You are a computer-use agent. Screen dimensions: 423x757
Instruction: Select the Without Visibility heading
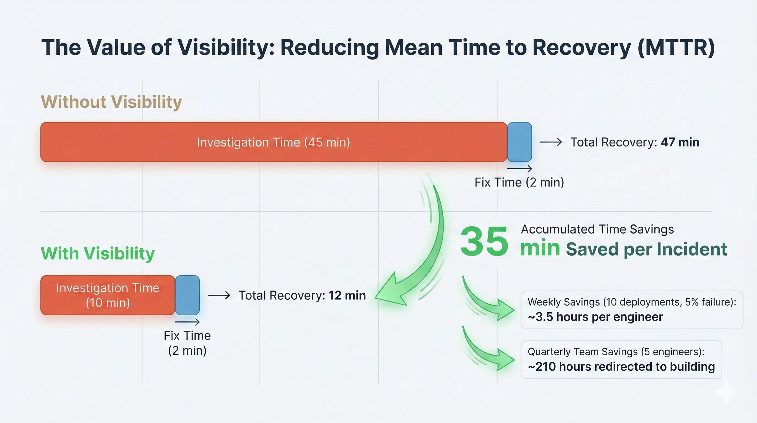(111, 102)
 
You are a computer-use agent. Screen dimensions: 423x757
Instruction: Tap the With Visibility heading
(98, 253)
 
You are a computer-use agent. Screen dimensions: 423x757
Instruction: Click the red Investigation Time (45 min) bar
(273, 142)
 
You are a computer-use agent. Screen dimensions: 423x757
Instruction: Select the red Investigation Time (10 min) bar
(108, 295)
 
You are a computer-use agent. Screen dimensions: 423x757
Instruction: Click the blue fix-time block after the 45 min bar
(519, 142)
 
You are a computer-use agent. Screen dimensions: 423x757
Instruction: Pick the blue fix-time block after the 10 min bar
(188, 295)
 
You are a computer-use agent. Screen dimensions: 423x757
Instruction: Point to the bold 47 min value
(680, 142)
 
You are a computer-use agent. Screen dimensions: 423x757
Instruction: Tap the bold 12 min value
(347, 295)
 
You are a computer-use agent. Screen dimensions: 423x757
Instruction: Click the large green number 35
(484, 242)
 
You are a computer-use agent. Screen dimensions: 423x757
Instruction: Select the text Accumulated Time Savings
(597, 229)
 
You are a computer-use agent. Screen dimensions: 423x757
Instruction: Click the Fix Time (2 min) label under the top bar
(519, 182)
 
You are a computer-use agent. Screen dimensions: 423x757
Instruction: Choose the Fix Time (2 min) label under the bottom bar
(187, 343)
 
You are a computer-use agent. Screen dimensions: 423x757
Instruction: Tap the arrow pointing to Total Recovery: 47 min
(551, 142)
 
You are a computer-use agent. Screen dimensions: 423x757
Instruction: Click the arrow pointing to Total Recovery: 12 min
(219, 295)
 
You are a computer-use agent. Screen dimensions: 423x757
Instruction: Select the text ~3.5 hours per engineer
(595, 317)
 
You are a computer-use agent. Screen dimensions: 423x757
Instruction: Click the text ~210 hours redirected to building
(621, 367)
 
